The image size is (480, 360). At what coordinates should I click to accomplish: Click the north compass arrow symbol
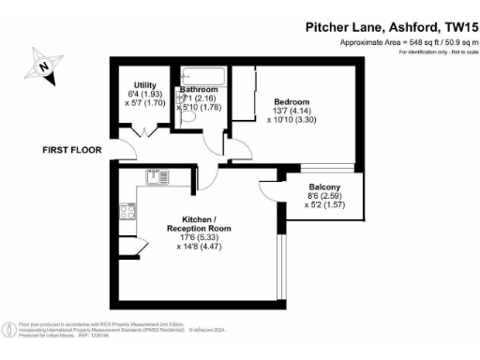(x=44, y=66)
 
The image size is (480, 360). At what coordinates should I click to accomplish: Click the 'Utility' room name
(x=145, y=85)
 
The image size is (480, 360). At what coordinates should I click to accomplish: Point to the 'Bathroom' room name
(x=199, y=89)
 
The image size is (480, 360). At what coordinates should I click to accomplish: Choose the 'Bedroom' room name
(x=291, y=101)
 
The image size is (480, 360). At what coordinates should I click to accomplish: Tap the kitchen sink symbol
(x=156, y=176)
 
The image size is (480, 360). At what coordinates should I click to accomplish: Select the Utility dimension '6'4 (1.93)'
(x=145, y=95)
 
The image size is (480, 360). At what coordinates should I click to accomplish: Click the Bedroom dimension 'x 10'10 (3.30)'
(x=292, y=120)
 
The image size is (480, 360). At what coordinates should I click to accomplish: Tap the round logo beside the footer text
(x=9, y=329)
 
